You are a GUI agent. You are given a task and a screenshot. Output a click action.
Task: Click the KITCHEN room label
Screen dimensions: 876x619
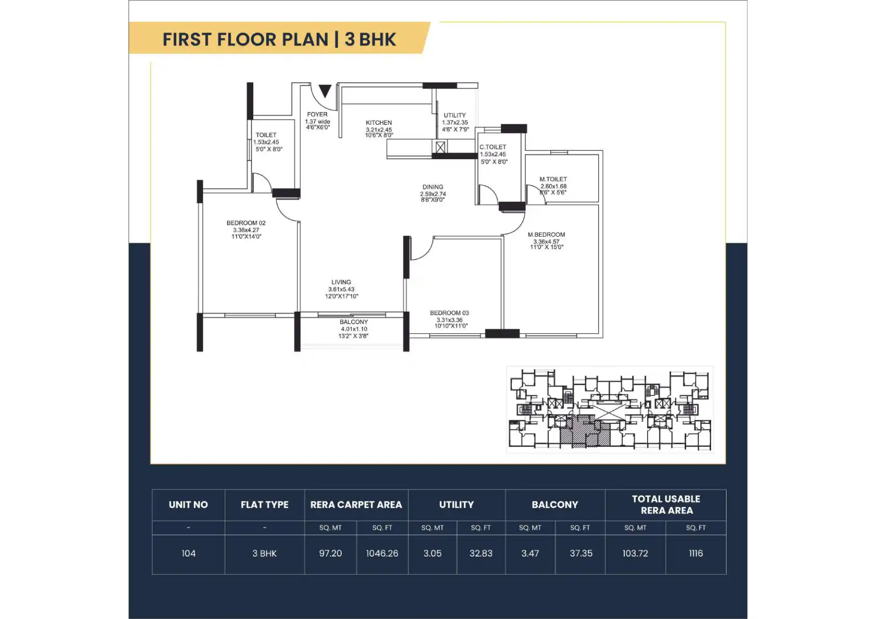(379, 123)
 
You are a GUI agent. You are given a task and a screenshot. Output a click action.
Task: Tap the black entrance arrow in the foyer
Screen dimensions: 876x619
(325, 91)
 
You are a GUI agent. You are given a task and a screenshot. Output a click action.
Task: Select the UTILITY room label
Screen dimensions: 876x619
(455, 115)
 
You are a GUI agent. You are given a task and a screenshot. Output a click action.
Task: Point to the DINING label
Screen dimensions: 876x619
(432, 187)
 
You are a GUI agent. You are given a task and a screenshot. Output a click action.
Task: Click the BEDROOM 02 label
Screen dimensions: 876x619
(246, 223)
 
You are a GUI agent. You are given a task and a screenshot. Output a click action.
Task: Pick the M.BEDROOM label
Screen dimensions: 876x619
(546, 235)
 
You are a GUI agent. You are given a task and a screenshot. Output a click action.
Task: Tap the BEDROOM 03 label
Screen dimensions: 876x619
(449, 313)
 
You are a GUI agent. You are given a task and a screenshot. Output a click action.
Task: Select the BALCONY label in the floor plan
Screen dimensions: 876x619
(354, 322)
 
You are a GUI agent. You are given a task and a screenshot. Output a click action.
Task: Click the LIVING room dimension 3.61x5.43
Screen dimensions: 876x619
(341, 289)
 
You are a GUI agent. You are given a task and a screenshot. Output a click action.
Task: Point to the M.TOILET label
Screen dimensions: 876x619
(553, 179)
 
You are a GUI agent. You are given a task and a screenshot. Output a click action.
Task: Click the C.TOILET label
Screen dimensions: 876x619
(493, 147)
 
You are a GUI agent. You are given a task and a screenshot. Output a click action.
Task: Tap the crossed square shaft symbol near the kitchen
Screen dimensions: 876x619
(440, 147)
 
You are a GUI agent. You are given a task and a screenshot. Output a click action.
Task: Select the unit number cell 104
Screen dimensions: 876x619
(188, 553)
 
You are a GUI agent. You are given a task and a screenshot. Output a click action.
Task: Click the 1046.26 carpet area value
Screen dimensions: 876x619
(382, 553)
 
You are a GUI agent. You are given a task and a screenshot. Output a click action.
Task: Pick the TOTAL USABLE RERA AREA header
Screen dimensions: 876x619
(666, 505)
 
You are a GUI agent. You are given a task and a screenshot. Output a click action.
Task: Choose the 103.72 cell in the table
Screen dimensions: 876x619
(635, 553)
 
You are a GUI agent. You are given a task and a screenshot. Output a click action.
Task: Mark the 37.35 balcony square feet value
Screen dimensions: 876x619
(581, 553)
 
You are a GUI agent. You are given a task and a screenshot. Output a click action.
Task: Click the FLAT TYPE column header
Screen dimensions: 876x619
(264, 505)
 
